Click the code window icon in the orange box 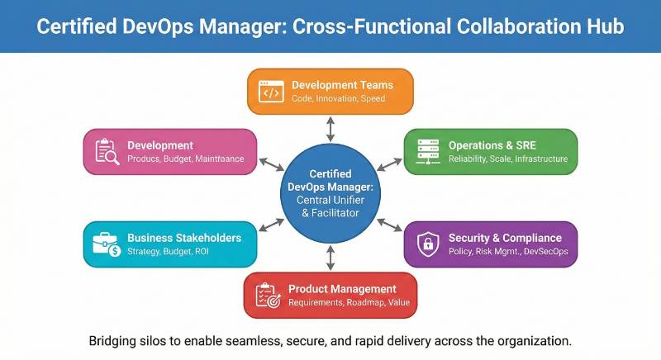click(270, 92)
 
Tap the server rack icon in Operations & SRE click(427, 151)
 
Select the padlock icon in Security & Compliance click(427, 243)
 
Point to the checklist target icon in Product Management click(266, 296)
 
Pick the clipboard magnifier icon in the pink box click(107, 151)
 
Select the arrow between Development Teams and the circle click(330, 128)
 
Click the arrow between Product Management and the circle click(330, 258)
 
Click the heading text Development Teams click(342, 85)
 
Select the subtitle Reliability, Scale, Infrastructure click(507, 159)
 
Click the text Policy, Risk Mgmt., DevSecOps click(507, 251)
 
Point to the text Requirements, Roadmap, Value click(348, 302)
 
